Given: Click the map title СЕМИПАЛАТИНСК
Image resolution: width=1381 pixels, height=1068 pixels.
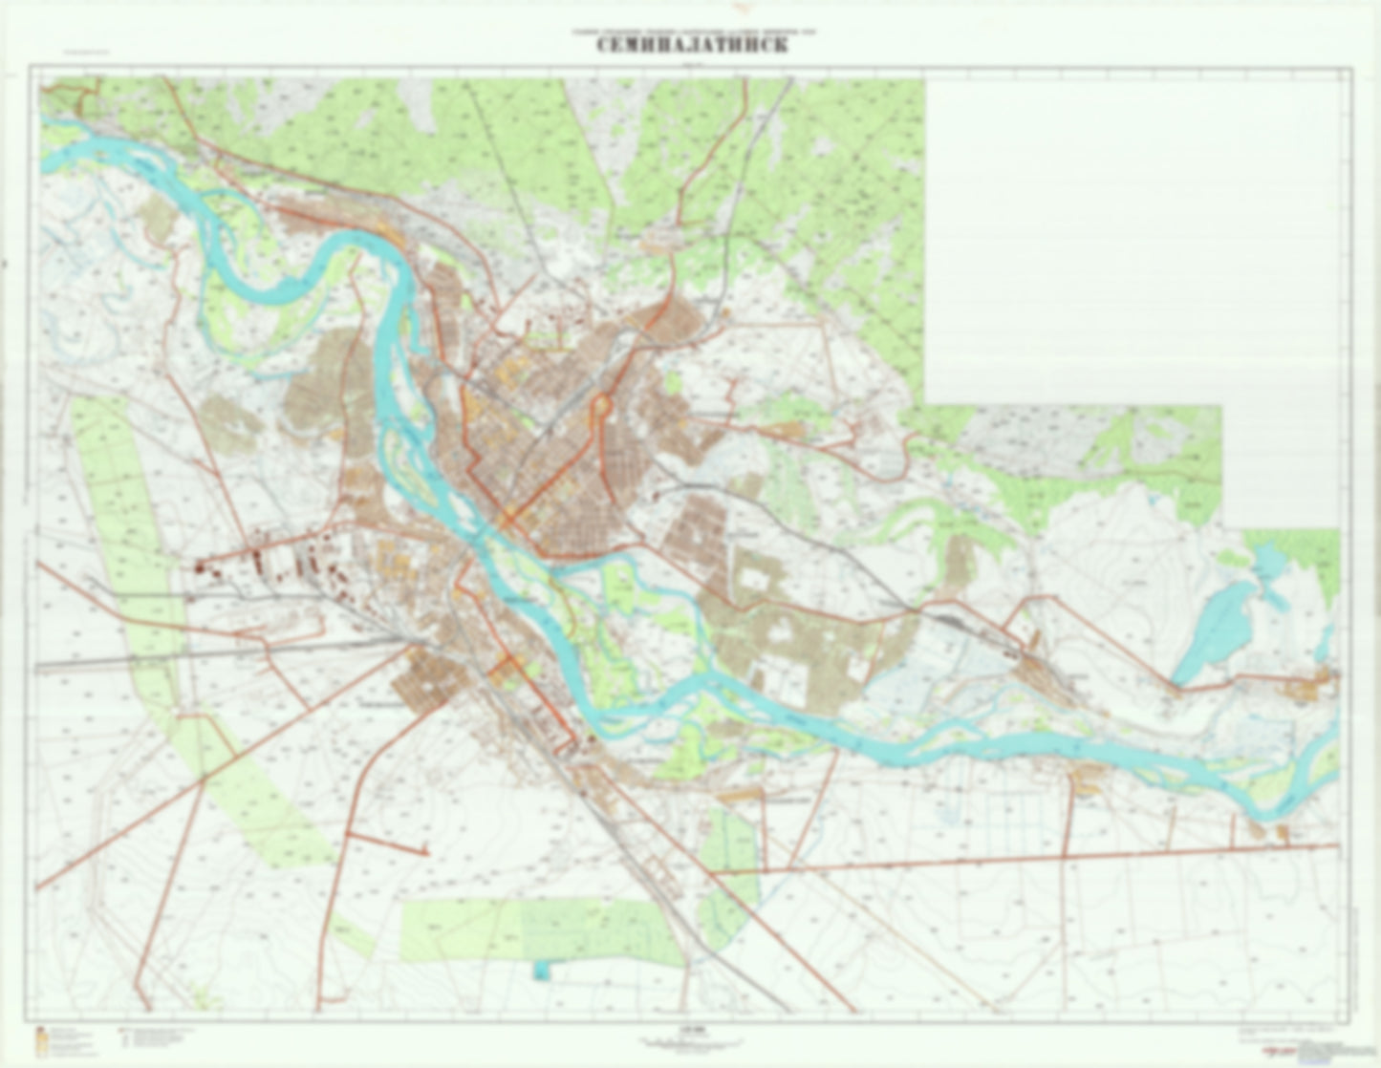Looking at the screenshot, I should (x=692, y=46).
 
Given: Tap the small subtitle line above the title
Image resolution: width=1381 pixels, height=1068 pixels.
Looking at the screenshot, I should (x=692, y=32).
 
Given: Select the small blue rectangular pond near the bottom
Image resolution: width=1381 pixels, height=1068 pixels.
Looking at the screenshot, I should (x=542, y=970).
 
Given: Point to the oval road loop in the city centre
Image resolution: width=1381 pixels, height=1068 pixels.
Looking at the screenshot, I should (x=601, y=408).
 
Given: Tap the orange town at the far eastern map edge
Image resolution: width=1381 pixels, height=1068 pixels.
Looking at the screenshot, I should (x=1309, y=685).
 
